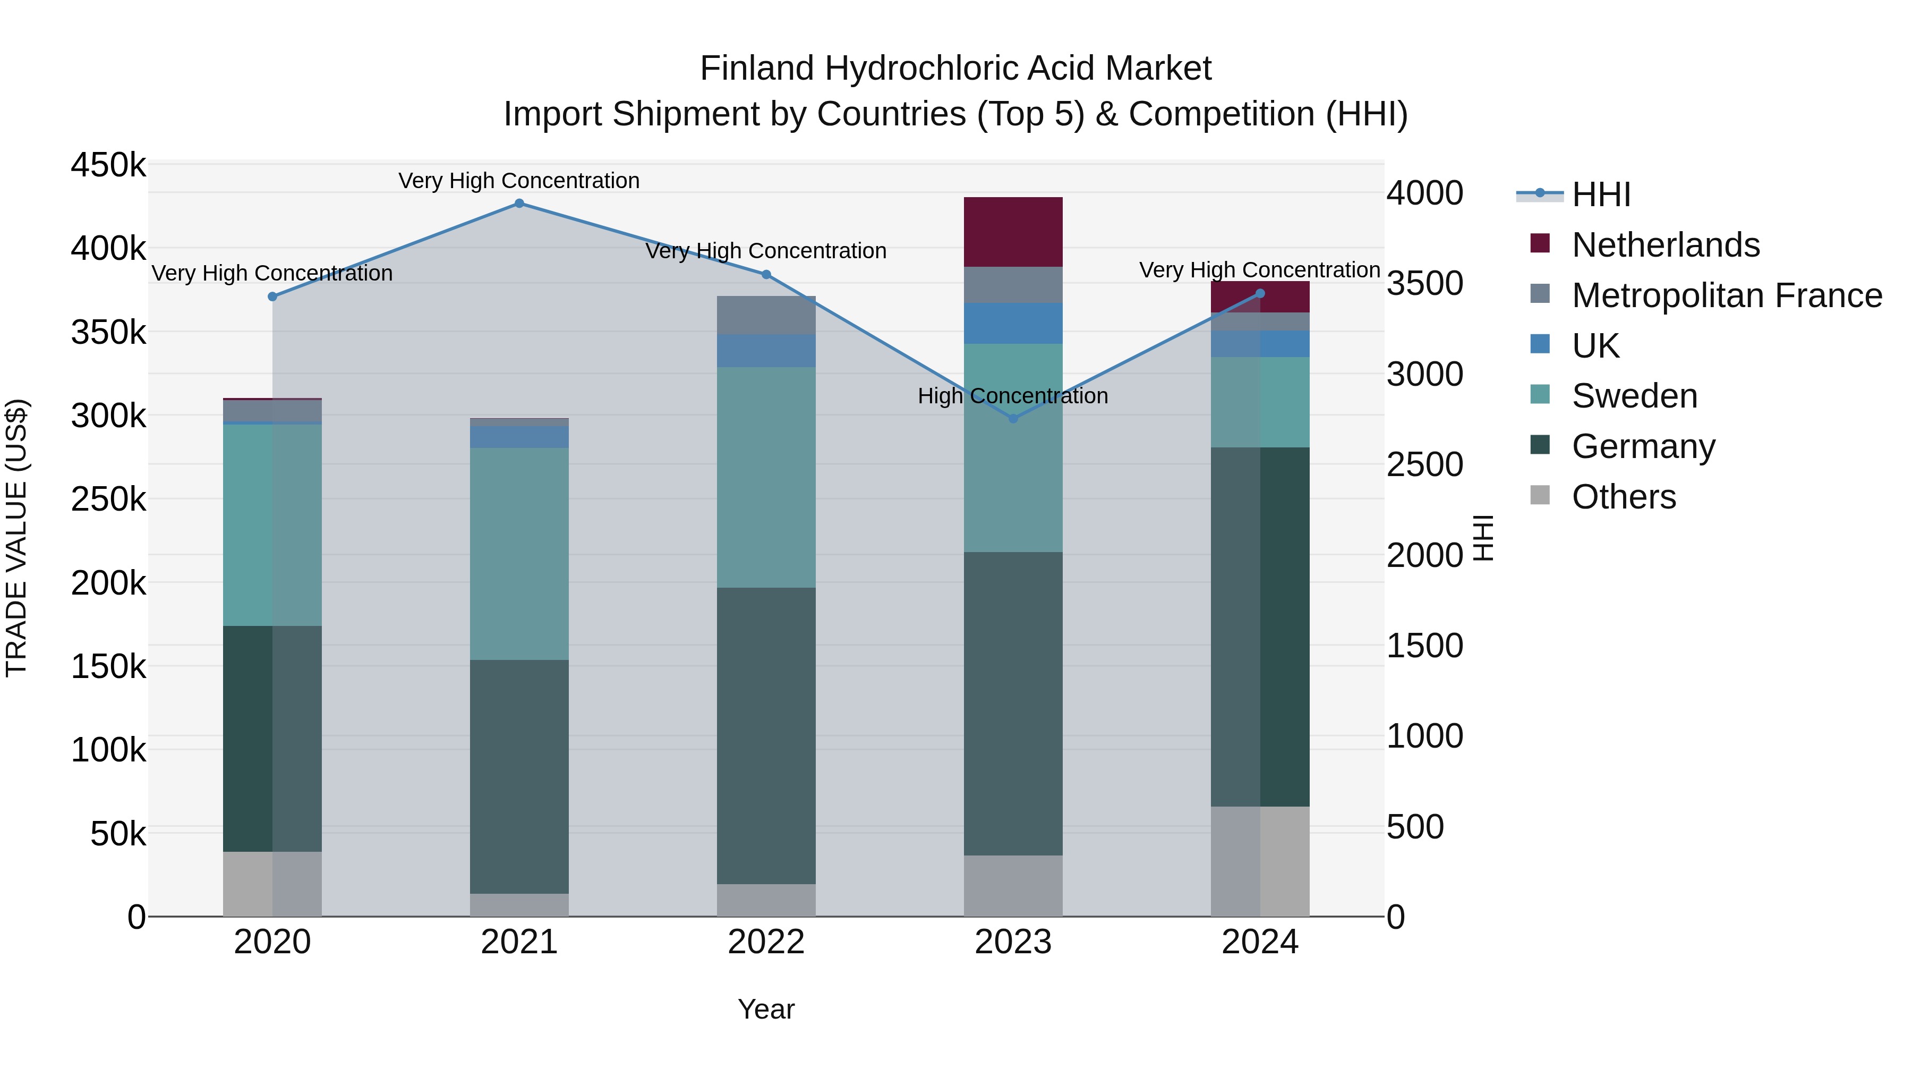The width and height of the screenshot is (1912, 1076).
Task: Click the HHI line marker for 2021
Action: [x=519, y=204]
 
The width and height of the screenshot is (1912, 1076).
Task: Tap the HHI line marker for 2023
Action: [x=1013, y=419]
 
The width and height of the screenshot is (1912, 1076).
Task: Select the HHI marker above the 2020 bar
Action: [x=272, y=297]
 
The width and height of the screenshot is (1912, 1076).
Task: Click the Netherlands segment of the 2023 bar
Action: [x=1013, y=232]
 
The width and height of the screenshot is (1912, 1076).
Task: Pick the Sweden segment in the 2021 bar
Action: [x=519, y=553]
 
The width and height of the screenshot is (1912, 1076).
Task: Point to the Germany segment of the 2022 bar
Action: [x=766, y=735]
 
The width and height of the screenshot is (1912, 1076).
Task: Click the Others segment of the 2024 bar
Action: [x=1260, y=861]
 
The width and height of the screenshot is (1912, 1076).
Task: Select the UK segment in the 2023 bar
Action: [x=1013, y=323]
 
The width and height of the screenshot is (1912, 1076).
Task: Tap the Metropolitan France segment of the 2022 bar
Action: [x=766, y=315]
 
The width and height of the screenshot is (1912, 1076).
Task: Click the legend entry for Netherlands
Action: [x=1665, y=245]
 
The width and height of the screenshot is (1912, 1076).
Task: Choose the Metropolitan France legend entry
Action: [x=1727, y=295]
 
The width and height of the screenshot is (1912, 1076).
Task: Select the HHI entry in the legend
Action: [x=1601, y=194]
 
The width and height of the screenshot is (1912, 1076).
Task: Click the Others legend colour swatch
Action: [x=1540, y=495]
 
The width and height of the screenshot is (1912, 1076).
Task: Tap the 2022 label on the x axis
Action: [x=766, y=942]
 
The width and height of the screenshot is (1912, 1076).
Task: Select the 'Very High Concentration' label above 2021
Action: [x=519, y=181]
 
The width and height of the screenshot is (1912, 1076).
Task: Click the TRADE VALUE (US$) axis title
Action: [x=16, y=538]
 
